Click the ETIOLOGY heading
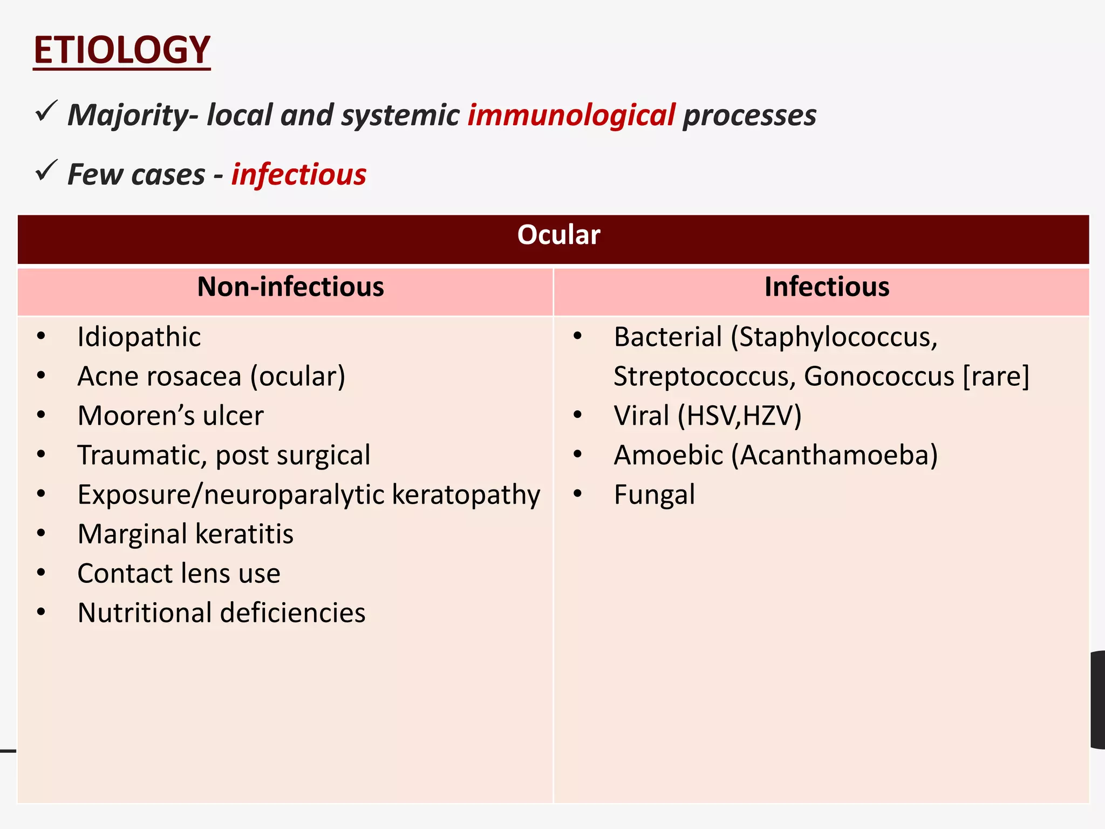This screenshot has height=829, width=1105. click(121, 50)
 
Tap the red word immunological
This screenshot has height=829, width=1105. click(571, 115)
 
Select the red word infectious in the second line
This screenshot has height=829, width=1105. click(299, 174)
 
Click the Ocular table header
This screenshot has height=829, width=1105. click(558, 235)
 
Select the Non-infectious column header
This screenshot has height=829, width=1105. click(290, 287)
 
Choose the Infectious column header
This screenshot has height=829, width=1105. click(827, 287)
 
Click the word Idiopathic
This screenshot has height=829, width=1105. click(139, 337)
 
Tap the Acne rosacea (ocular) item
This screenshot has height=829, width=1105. click(211, 376)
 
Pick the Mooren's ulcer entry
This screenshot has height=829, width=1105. click(170, 416)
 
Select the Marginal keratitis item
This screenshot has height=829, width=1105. click(185, 534)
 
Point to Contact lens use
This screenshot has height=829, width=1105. click(179, 573)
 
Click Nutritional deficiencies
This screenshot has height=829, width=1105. click(221, 613)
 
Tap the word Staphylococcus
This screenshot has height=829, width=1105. click(837, 337)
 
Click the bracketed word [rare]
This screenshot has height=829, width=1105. click(996, 376)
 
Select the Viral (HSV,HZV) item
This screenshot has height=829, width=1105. click(707, 416)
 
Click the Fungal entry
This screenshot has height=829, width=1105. click(654, 495)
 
